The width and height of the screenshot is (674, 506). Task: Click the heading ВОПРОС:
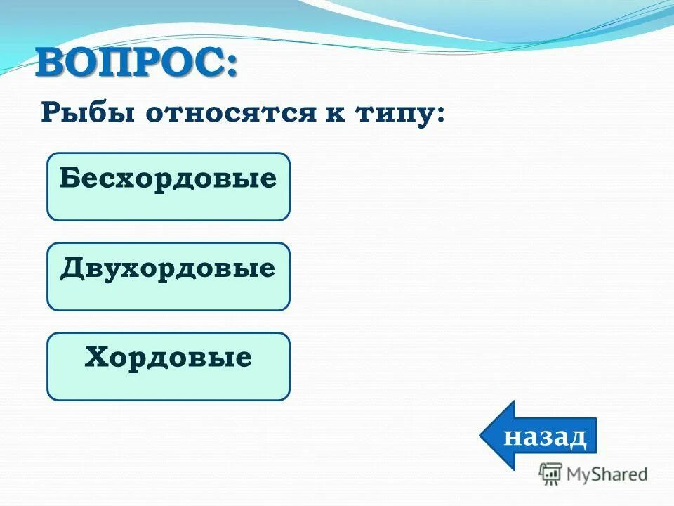137,65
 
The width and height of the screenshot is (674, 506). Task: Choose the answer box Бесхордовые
168,186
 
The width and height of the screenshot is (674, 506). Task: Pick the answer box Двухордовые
168,276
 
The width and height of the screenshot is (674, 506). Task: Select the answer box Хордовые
168,366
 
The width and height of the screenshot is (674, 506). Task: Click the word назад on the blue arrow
546,436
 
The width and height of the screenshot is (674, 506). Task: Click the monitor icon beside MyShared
550,474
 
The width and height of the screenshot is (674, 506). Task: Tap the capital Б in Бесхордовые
68,179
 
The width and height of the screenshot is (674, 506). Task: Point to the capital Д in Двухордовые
70,268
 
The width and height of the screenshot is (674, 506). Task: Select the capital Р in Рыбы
50,112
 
